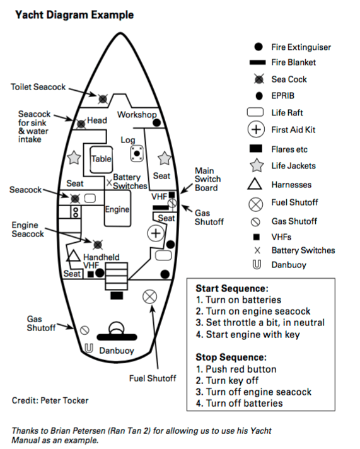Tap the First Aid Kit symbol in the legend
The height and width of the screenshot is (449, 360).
(x=255, y=131)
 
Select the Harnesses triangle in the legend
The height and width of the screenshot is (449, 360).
(x=255, y=185)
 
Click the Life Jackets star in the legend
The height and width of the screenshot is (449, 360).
(x=255, y=166)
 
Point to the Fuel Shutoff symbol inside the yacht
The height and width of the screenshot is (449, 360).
(x=150, y=296)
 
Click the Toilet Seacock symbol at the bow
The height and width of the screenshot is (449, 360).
(x=102, y=98)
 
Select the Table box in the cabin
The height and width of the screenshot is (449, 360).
(x=101, y=160)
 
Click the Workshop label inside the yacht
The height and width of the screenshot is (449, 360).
(x=137, y=115)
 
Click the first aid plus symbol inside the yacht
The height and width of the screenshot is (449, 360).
(x=155, y=233)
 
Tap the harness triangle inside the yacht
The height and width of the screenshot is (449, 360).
(x=74, y=256)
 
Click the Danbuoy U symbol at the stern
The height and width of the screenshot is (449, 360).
(x=88, y=348)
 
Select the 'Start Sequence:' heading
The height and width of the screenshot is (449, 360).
(x=232, y=288)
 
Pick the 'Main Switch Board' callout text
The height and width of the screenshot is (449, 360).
(x=207, y=180)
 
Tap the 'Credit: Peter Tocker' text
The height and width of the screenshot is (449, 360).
(x=50, y=400)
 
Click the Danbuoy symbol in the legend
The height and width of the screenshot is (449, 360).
(x=255, y=265)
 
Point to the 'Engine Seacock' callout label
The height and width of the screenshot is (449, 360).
(x=28, y=230)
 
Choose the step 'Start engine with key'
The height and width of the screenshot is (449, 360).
(x=247, y=334)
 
